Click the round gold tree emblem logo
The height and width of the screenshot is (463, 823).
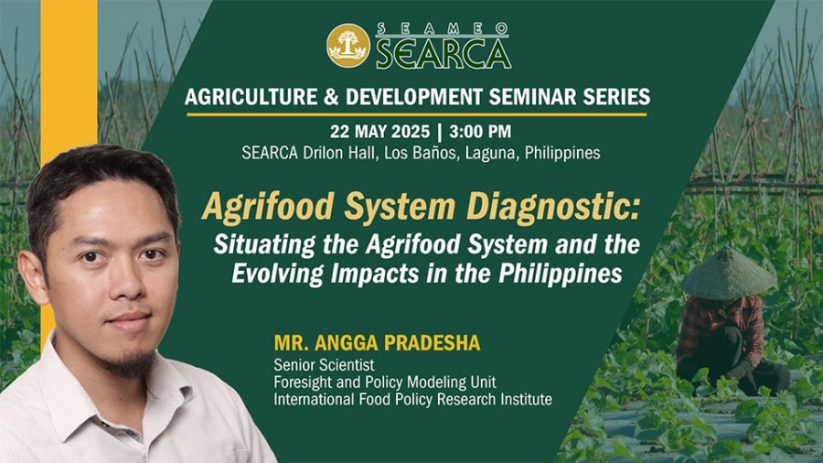348,45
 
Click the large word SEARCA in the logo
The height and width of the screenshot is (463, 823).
444,54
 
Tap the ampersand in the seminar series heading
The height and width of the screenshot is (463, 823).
331,97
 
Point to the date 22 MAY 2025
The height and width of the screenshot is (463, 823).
380,131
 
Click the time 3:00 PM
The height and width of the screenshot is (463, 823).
480,131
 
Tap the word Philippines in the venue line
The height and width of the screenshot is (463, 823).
562,153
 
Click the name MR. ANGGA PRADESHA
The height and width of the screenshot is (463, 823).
377,343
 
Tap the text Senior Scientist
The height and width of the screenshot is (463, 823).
324,365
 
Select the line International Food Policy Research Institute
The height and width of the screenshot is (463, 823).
412,400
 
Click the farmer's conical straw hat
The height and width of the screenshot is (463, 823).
729,274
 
